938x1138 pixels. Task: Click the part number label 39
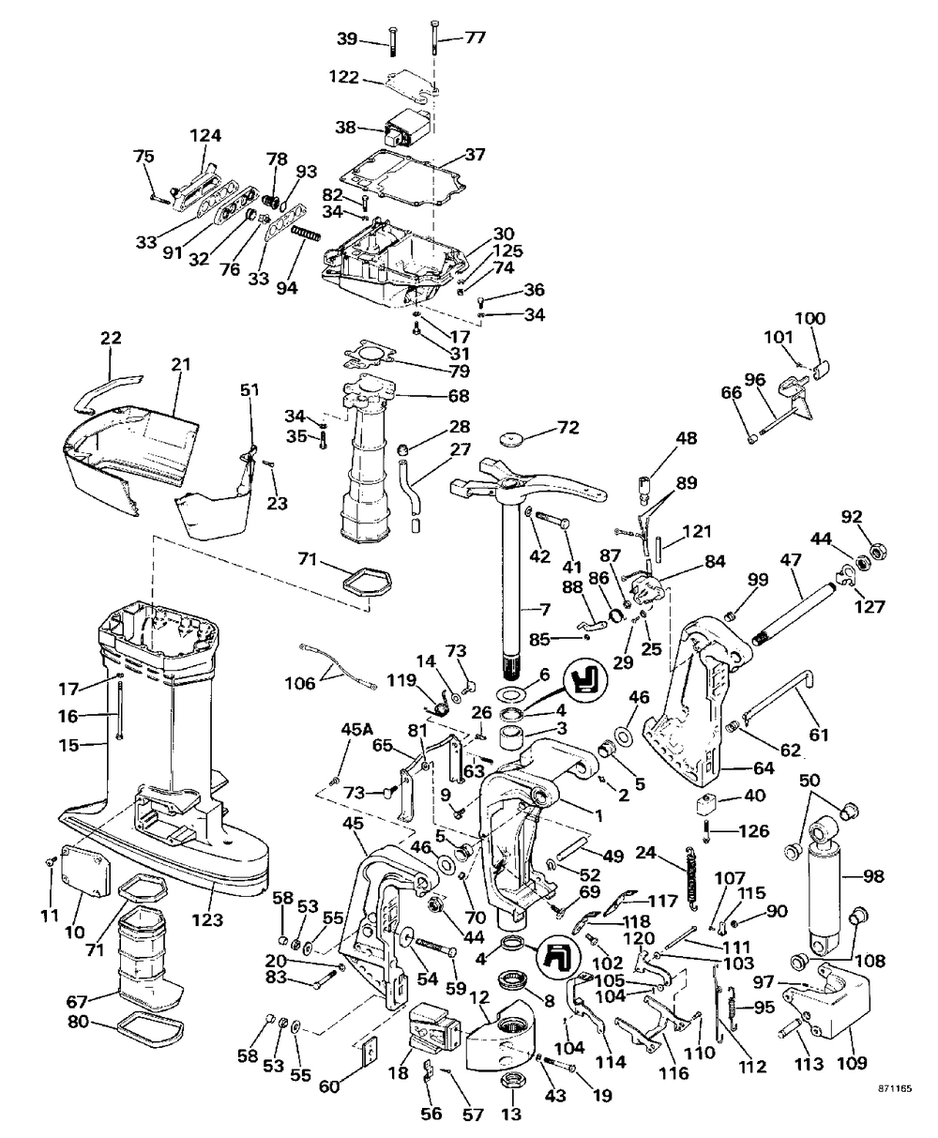pyautogui.click(x=347, y=38)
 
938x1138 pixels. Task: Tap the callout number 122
pyautogui.click(x=344, y=77)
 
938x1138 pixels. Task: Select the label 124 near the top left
pyautogui.click(x=205, y=135)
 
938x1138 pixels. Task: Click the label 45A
pyautogui.click(x=356, y=729)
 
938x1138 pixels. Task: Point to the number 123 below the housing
pyautogui.click(x=208, y=920)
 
